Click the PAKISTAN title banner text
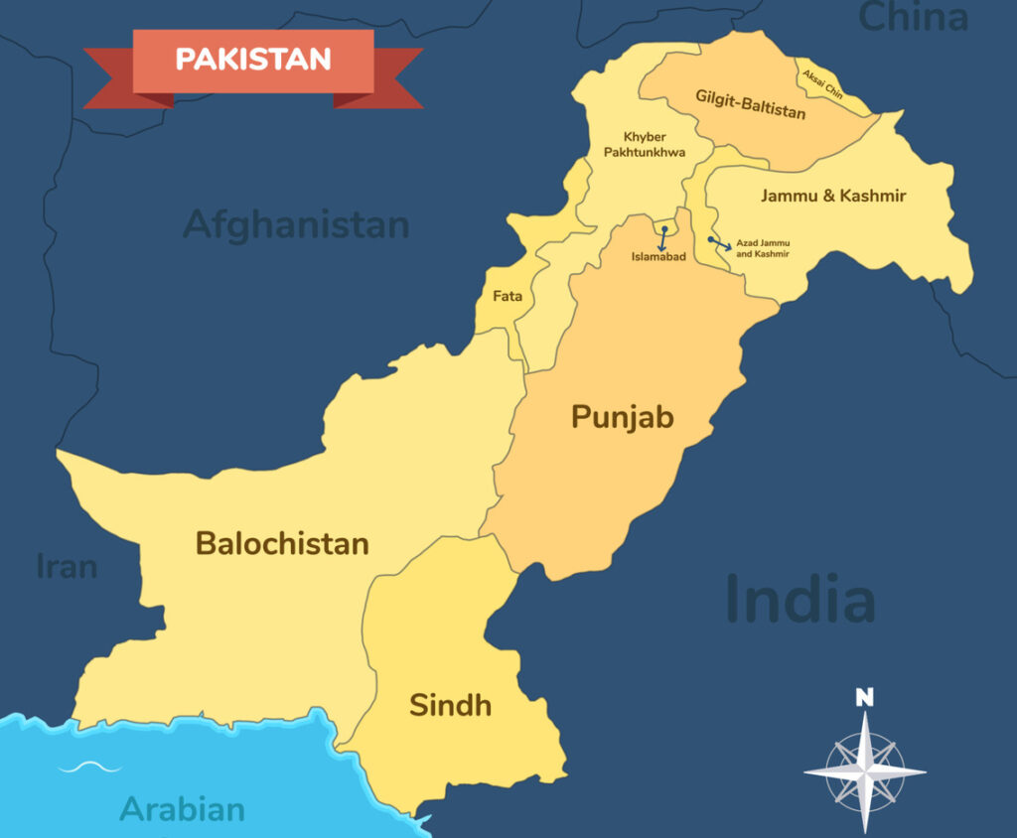pos(253,59)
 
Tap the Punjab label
pos(622,417)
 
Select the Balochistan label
pos(282,544)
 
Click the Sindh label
pos(450,706)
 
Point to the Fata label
pos(508,296)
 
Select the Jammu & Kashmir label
pos(833,196)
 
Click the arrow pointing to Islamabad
pos(661,237)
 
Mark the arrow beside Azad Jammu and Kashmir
pos(719,242)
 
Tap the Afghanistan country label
pos(296,224)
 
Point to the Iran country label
pos(67,566)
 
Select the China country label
pos(913,17)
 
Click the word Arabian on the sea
pos(183,808)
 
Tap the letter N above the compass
pos(865,697)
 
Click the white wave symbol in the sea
pos(89,767)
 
